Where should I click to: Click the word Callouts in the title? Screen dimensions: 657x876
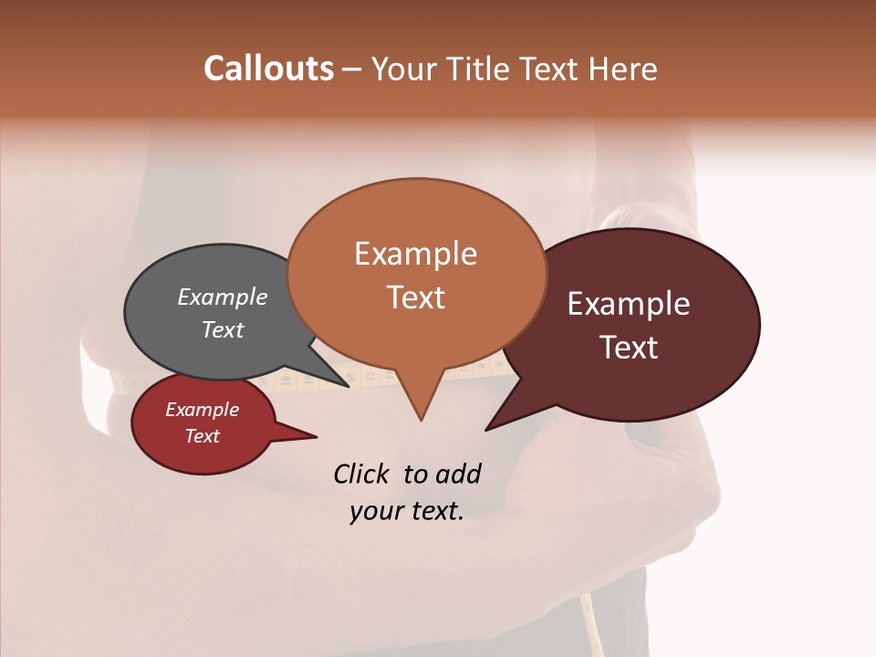coord(268,68)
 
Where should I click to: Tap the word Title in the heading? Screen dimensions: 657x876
coord(477,69)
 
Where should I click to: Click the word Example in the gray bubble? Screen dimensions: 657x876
coord(222,297)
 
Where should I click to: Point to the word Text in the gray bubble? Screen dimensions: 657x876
coord(222,329)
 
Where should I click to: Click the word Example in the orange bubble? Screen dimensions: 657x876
coord(415,254)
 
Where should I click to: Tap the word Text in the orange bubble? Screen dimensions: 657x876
coord(415,297)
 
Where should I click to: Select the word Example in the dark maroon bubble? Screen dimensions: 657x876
coord(629,304)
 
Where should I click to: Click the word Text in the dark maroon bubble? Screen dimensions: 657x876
coord(629,348)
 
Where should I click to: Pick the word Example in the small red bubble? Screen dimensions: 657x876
coord(202,410)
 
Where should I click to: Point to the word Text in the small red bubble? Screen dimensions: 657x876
coord(202,436)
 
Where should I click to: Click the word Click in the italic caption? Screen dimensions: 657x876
coord(363,474)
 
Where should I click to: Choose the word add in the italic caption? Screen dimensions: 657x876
coord(457,474)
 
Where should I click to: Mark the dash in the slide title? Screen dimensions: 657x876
coord(353,69)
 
